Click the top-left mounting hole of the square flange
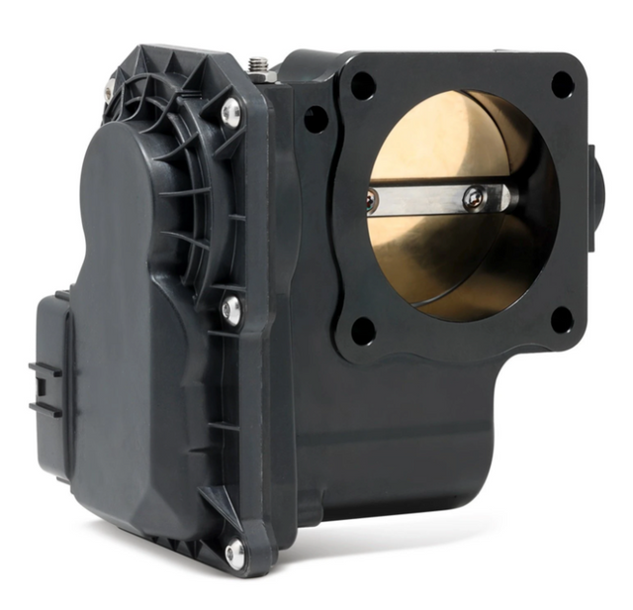(363, 86)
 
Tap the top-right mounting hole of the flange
(562, 85)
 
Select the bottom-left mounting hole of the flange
(363, 331)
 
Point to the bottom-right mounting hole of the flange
(561, 320)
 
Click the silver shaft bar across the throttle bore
(435, 199)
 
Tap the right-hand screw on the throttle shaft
(475, 198)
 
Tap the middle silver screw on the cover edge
(231, 310)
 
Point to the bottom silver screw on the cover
(234, 553)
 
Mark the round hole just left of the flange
(316, 120)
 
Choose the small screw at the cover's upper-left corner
(109, 93)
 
